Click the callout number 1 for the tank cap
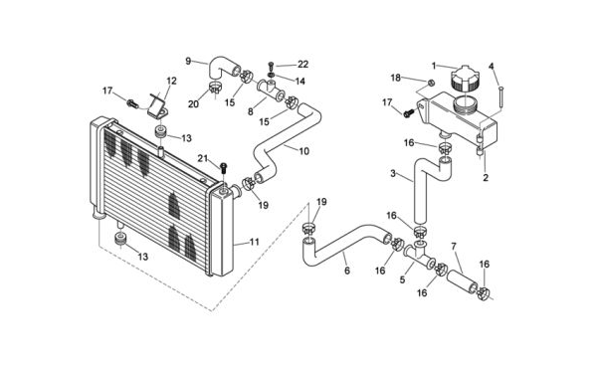click(434, 66)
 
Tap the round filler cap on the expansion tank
click(465, 79)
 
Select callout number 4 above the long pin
click(492, 67)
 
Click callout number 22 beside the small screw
click(302, 65)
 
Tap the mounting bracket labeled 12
click(158, 106)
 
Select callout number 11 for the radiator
click(255, 242)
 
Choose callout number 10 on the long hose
click(303, 151)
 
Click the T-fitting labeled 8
click(271, 91)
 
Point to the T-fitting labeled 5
click(419, 257)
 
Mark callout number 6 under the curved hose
click(347, 271)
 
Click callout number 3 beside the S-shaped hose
click(393, 174)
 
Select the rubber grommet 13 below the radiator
click(121, 240)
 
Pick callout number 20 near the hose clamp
click(193, 103)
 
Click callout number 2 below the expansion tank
click(486, 177)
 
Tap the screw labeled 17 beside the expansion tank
click(409, 112)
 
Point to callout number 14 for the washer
click(299, 81)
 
